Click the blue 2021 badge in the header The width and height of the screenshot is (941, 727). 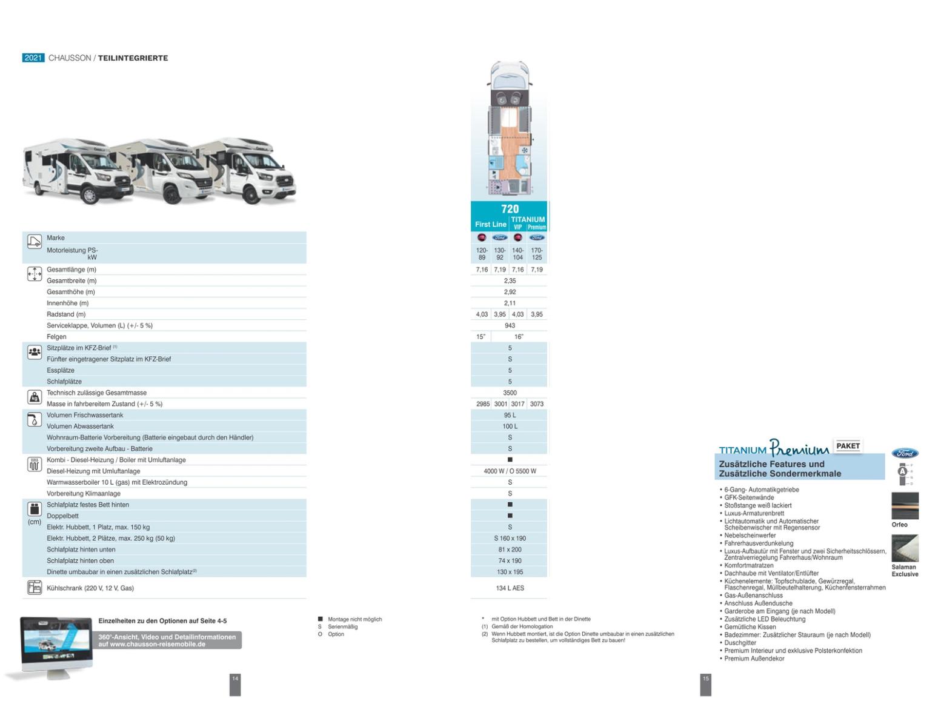33,58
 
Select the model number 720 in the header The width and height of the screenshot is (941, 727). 510,209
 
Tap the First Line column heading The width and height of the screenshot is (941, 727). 490,224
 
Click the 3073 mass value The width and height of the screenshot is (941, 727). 536,404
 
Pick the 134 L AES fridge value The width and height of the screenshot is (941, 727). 510,588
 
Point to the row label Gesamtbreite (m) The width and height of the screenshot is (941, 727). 71,281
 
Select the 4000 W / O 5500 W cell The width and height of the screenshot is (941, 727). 510,471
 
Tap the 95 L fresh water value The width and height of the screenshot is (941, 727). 510,416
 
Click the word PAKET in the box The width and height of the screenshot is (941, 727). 848,446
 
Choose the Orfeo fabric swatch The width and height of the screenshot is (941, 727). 905,506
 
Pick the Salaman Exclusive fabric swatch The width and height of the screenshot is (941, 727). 905,548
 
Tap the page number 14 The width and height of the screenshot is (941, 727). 235,679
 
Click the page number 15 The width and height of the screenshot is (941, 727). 705,679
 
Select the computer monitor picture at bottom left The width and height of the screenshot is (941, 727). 56,643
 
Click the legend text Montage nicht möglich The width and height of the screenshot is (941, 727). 354,619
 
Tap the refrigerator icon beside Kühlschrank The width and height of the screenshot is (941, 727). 34,588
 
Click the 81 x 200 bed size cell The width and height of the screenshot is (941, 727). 510,550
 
